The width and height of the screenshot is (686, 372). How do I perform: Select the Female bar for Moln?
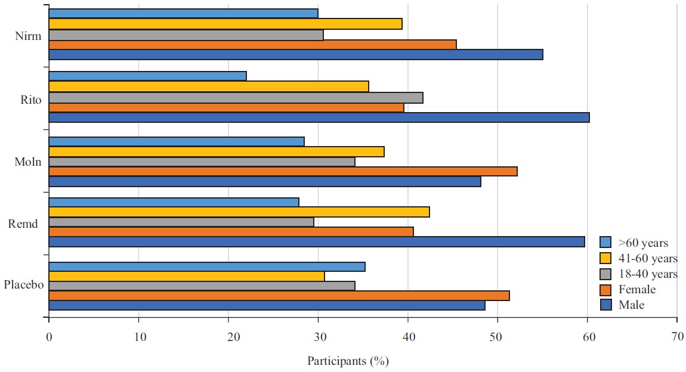[283, 172]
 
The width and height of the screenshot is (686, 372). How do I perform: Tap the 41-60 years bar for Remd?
[239, 212]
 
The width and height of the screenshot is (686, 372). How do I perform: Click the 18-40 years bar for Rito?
[236, 98]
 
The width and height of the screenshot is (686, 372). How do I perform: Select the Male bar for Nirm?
[295, 55]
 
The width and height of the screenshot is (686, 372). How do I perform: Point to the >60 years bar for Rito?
[147, 76]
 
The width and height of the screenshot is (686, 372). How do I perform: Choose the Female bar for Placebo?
[279, 296]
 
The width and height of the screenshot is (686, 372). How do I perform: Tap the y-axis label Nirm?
[28, 36]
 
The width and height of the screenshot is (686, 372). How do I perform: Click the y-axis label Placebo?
[24, 285]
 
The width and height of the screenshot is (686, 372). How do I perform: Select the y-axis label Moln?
[28, 162]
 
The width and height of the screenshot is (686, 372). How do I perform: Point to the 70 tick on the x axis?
[677, 337]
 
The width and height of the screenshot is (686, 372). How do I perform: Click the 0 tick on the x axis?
[48, 337]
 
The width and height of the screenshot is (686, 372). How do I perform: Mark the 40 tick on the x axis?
[408, 337]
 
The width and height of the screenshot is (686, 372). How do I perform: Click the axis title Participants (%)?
[348, 361]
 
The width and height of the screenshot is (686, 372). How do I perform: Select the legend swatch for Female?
[606, 290]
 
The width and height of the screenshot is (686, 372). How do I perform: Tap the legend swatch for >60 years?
[606, 243]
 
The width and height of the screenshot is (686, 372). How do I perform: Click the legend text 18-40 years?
[647, 274]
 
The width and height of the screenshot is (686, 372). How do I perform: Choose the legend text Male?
[631, 305]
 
